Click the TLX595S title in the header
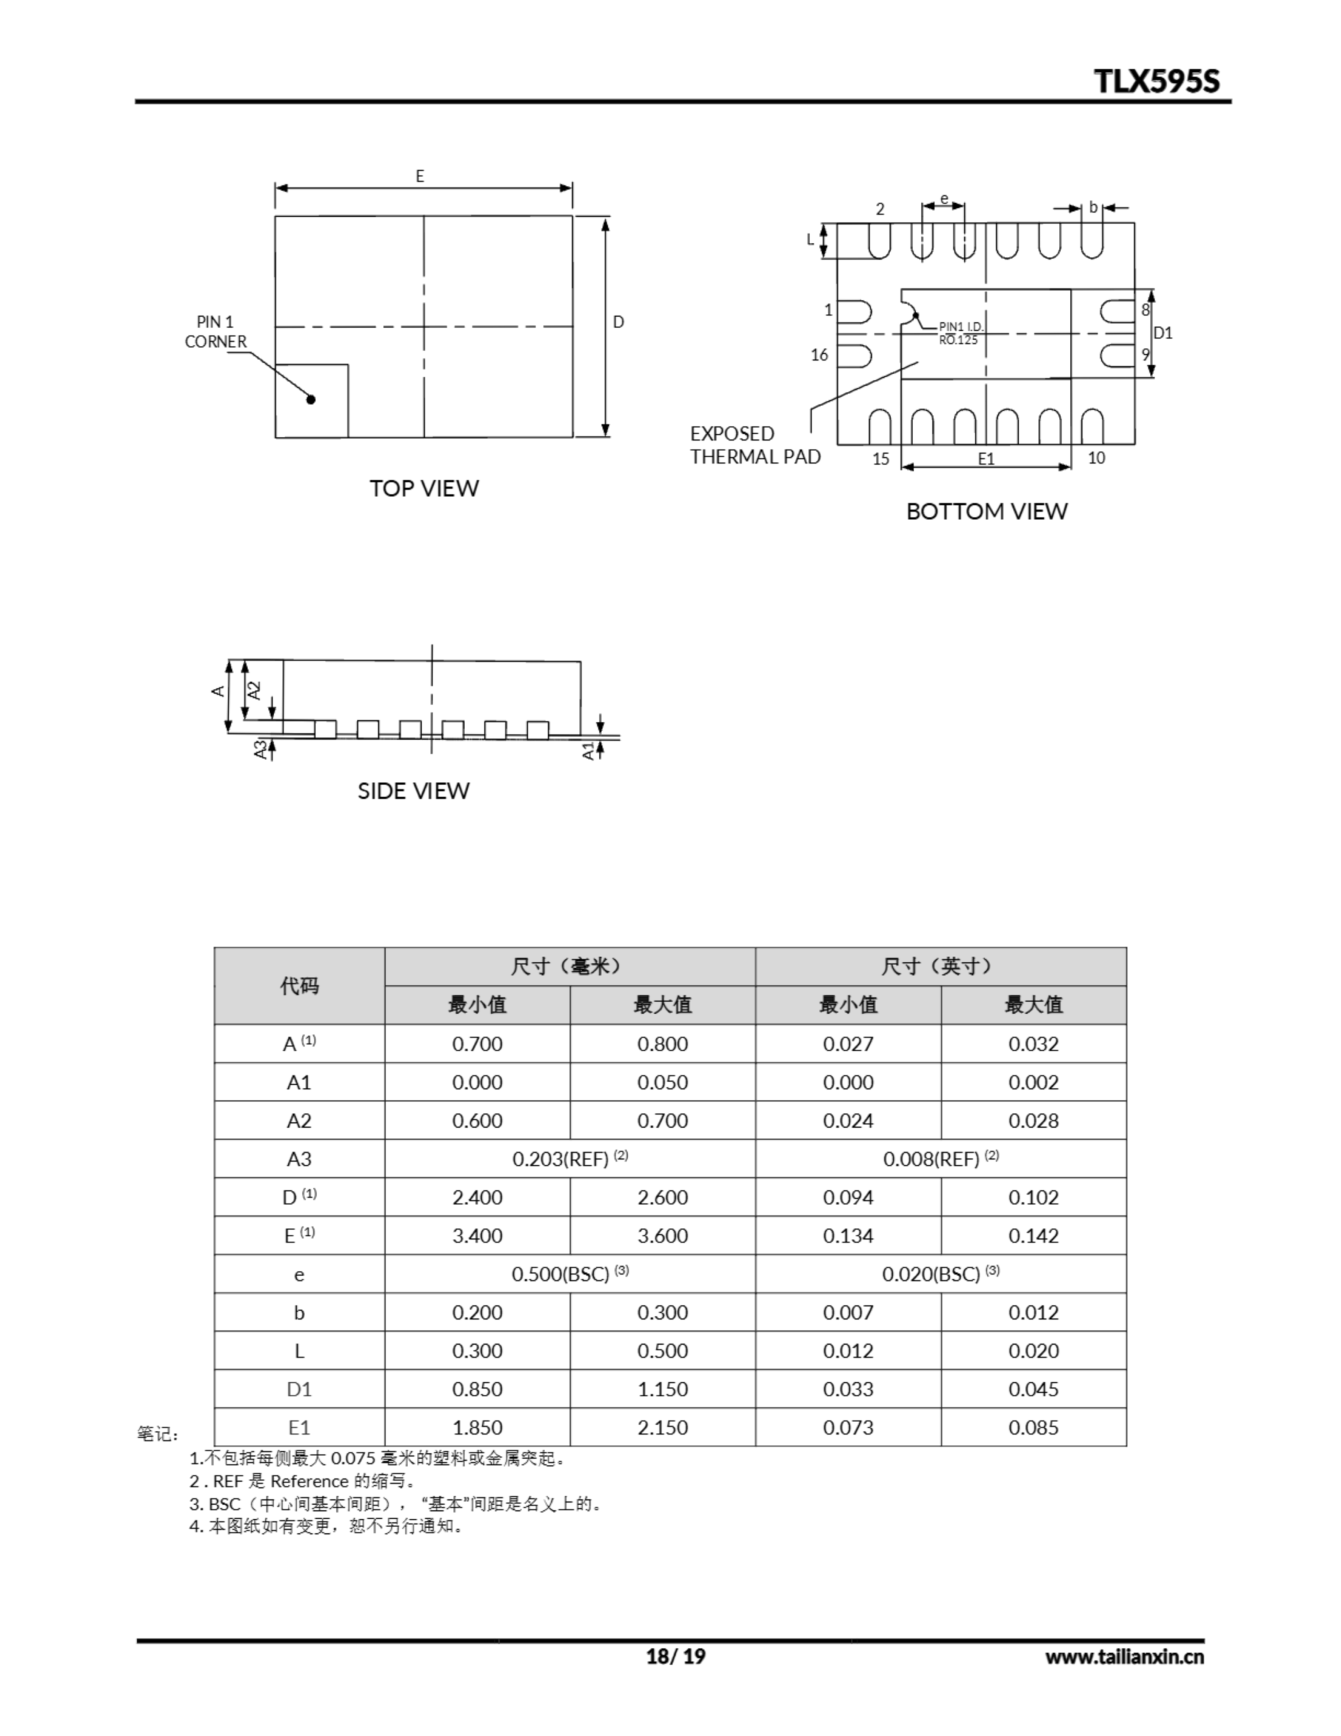point(1156,81)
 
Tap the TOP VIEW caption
point(424,488)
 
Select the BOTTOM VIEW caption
point(986,511)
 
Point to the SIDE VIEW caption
point(414,791)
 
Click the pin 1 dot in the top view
point(311,399)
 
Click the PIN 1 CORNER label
point(216,332)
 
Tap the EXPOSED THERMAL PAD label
point(755,445)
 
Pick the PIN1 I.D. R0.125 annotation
point(960,333)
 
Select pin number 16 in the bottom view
point(820,355)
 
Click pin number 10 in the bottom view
point(1096,458)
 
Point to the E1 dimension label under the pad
point(986,458)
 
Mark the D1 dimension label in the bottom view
point(1163,333)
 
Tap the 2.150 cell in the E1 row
point(662,1427)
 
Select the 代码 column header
point(299,985)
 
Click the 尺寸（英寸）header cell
point(940,966)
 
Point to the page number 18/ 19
point(675,1656)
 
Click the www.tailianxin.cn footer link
point(1124,1657)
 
